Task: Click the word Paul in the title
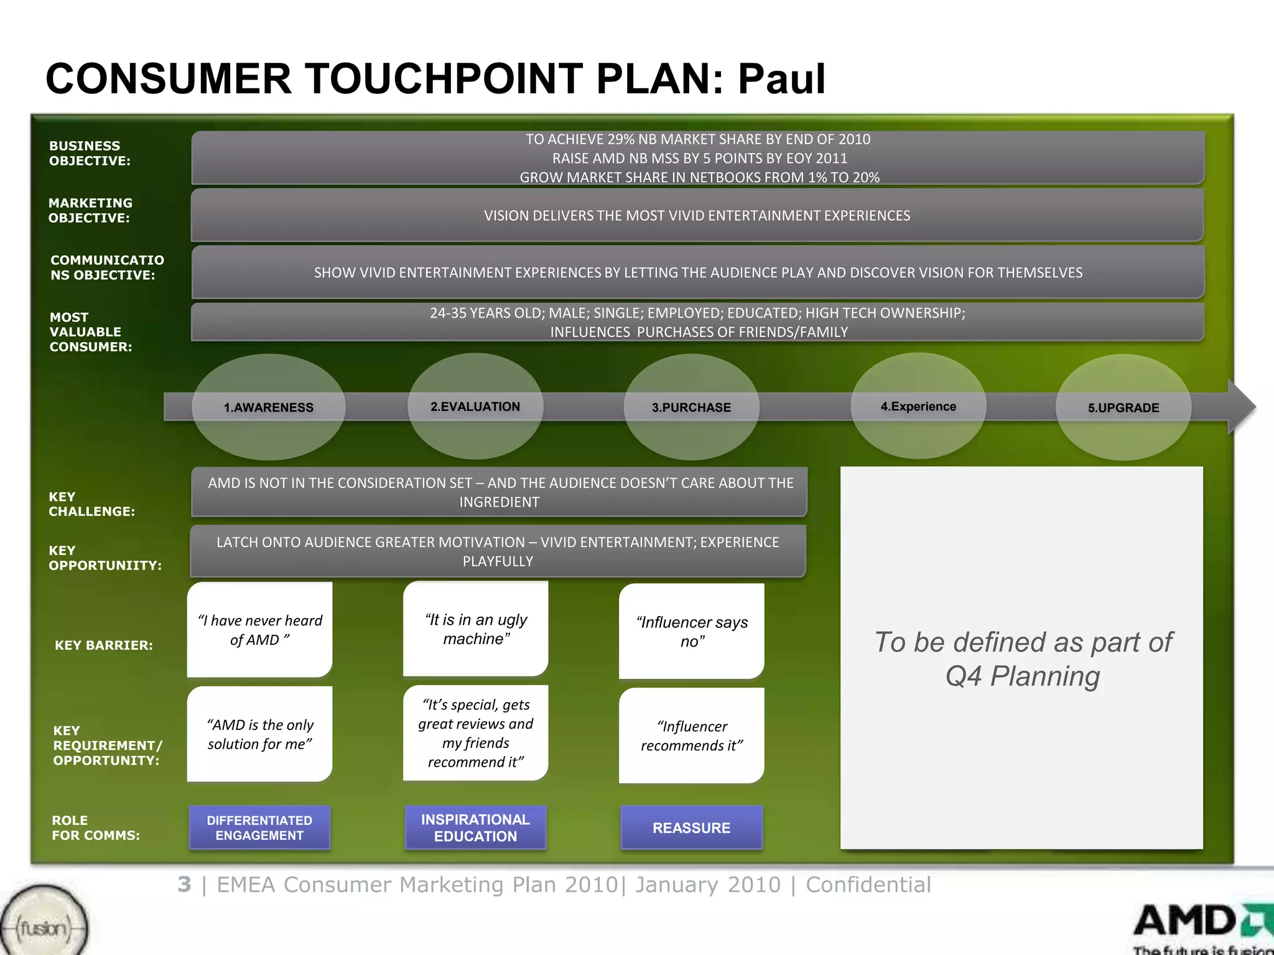click(x=781, y=79)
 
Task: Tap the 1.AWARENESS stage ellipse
click(x=269, y=407)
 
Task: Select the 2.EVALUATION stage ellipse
click(x=475, y=407)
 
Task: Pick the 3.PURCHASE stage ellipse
click(x=691, y=407)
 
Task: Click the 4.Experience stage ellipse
click(x=918, y=407)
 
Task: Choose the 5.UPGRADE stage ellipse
click(x=1123, y=407)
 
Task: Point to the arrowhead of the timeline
click(x=1242, y=407)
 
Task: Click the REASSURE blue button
click(x=691, y=828)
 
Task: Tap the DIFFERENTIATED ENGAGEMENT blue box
click(x=259, y=828)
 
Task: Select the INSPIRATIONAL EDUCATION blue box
click(x=475, y=828)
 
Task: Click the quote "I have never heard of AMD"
click(x=259, y=630)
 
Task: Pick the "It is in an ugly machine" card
click(x=475, y=629)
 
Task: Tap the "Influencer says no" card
click(x=691, y=631)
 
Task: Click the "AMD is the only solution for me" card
click(x=259, y=734)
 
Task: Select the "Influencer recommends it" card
click(x=691, y=736)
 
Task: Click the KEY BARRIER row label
click(x=103, y=645)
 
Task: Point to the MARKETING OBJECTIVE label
click(x=90, y=210)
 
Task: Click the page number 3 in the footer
click(x=184, y=884)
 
